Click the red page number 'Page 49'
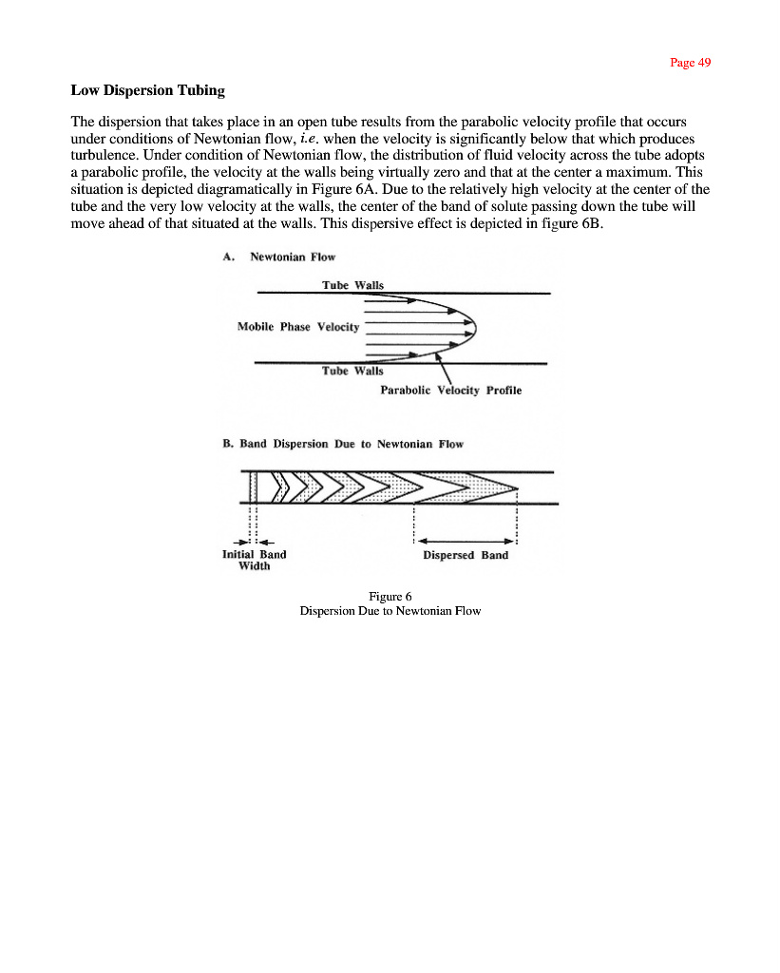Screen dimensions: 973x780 pos(690,63)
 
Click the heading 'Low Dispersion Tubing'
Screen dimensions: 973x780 pos(148,91)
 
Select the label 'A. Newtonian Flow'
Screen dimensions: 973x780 pos(278,257)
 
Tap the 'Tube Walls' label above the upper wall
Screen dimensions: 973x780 pos(352,285)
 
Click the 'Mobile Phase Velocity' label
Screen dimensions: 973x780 pos(298,327)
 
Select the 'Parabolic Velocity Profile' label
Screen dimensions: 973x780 pos(450,391)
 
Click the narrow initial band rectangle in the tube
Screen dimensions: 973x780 pos(254,487)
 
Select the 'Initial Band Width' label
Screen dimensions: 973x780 pos(254,560)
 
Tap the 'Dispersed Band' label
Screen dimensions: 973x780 pos(466,555)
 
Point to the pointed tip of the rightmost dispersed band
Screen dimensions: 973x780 pos(517,488)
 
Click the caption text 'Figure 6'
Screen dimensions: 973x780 pos(390,597)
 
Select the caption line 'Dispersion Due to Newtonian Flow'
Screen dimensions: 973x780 pos(390,611)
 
